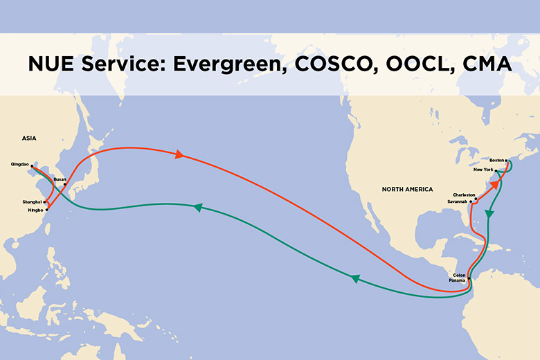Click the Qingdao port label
click(20, 164)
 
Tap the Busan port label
click(60, 179)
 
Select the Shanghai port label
click(32, 201)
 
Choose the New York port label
click(483, 170)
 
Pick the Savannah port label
click(458, 201)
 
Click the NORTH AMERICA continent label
click(407, 189)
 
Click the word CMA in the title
click(487, 64)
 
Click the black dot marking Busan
click(65, 185)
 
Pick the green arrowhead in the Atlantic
click(490, 215)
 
